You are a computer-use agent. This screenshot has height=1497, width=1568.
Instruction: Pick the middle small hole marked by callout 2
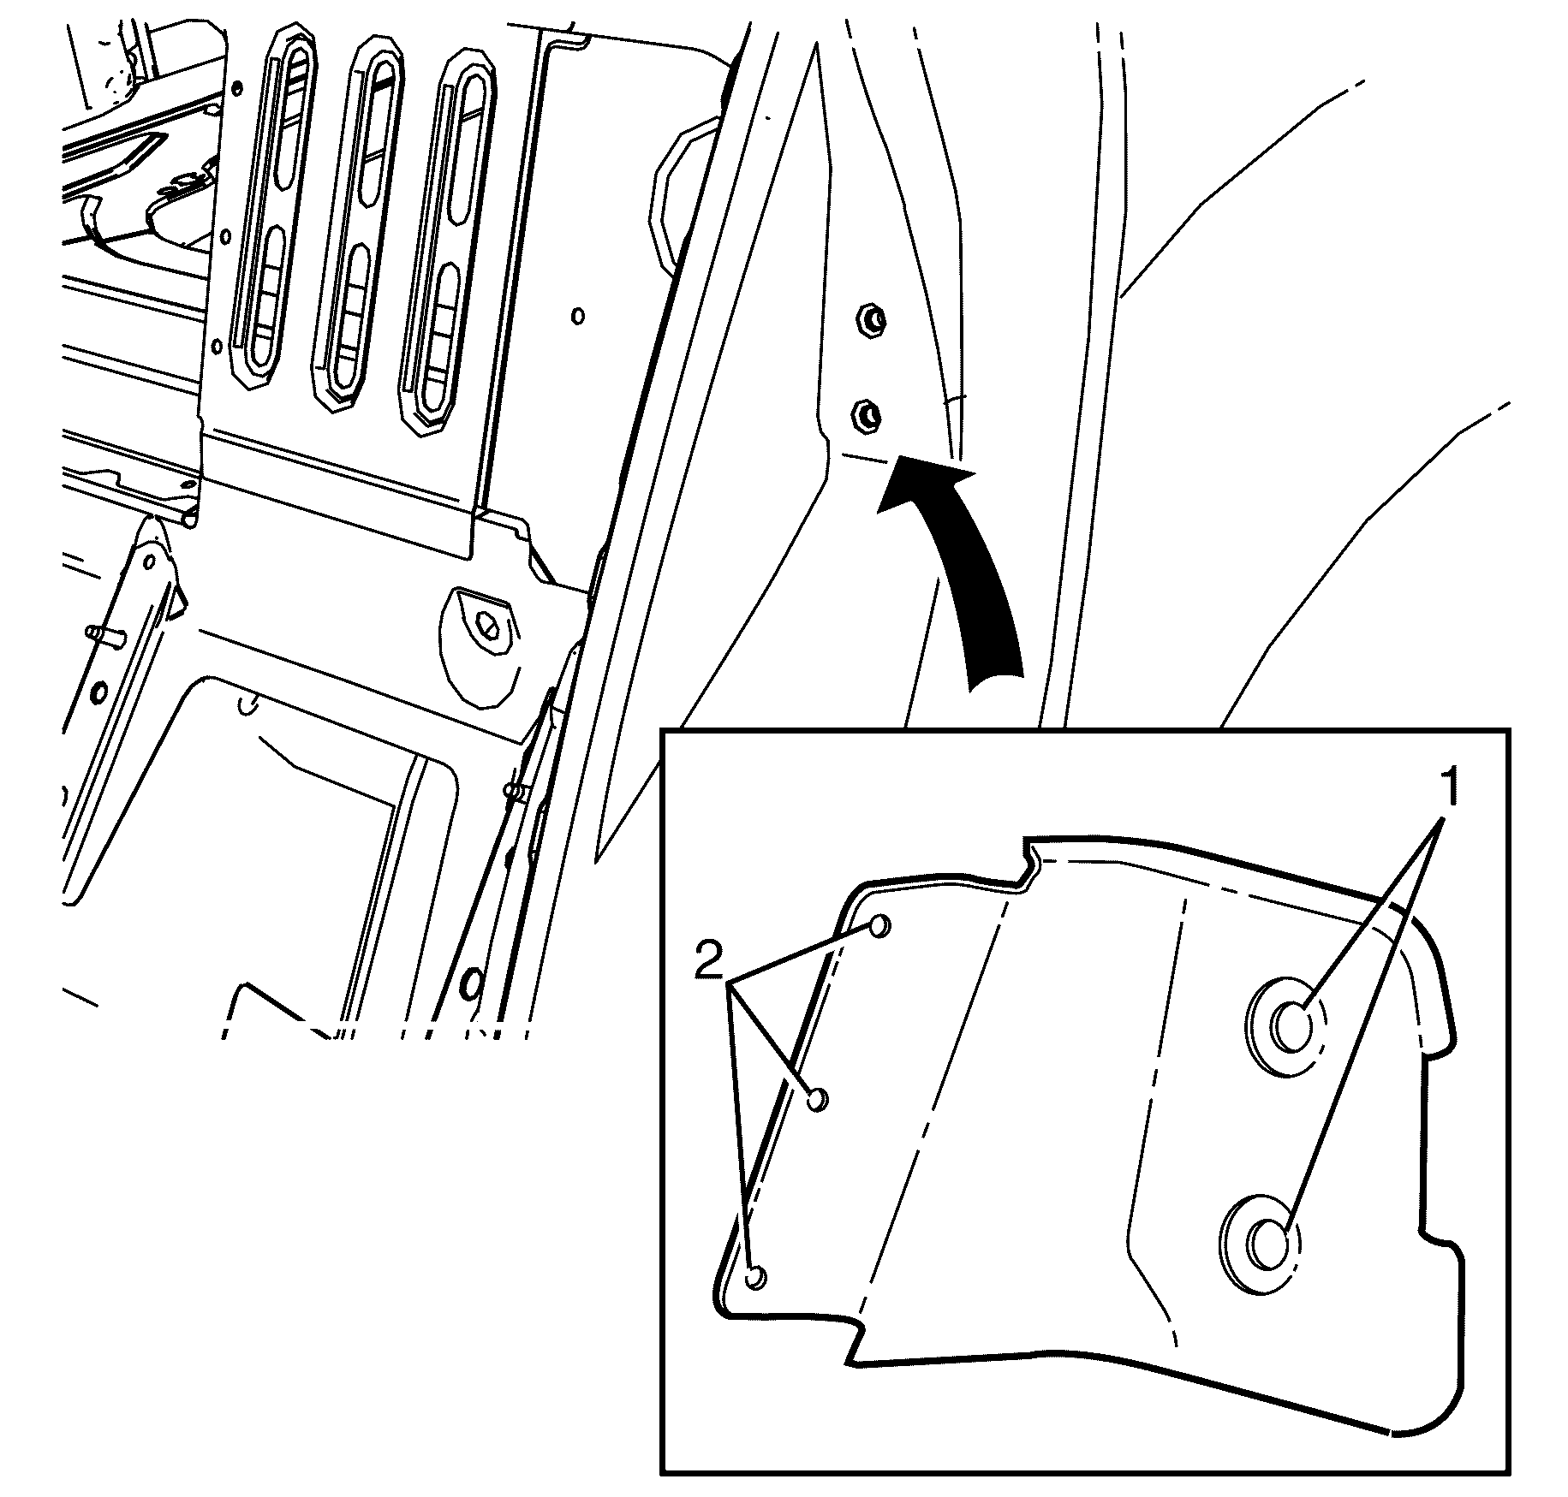818,1099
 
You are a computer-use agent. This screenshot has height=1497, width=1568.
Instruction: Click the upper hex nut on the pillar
871,321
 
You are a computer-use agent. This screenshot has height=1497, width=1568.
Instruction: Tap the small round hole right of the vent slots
578,316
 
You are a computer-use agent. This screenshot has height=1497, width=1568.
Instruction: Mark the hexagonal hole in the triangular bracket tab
490,627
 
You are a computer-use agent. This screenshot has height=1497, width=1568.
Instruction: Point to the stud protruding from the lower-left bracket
106,635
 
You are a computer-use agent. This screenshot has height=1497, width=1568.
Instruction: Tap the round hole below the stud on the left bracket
99,692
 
